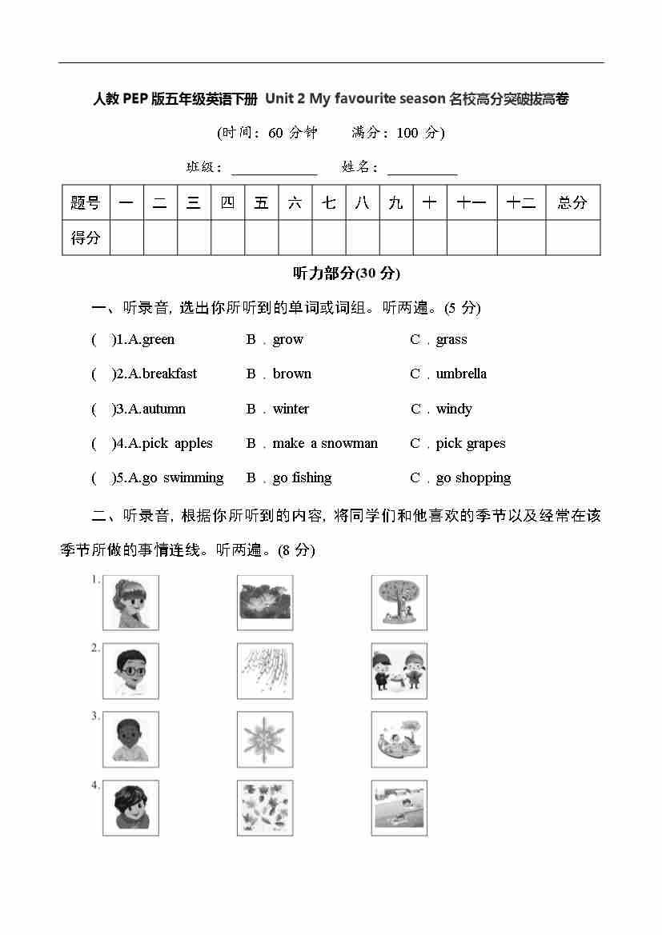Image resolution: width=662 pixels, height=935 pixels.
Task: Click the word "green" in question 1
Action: [x=158, y=339]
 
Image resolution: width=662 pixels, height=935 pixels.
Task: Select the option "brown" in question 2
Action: [x=291, y=374]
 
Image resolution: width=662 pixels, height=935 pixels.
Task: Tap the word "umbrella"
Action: [x=461, y=374]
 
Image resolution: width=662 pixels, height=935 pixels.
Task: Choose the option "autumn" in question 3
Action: [x=164, y=409]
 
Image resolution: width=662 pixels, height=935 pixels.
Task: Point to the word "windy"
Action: [x=454, y=409]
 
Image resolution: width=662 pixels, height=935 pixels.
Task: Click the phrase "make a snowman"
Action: [x=325, y=443]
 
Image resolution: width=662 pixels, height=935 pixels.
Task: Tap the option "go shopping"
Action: [x=473, y=477]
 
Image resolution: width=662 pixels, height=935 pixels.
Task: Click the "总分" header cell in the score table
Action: [x=572, y=202]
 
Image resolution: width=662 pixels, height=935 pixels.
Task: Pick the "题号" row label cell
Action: [x=86, y=202]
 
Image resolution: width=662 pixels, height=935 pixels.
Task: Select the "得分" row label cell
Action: [x=86, y=238]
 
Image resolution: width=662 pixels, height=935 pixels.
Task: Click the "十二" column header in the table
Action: [x=521, y=202]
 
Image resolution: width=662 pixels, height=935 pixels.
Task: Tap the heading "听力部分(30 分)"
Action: [x=347, y=274]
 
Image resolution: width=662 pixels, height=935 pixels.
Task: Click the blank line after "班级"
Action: [x=275, y=170]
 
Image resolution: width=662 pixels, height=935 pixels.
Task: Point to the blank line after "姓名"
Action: [x=422, y=170]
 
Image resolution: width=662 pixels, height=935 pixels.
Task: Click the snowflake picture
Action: [x=265, y=740]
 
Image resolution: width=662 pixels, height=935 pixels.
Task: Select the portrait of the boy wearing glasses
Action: [x=130, y=671]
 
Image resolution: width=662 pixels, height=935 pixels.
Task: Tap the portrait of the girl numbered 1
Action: [x=130, y=602]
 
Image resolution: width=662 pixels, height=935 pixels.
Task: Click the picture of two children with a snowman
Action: [x=399, y=671]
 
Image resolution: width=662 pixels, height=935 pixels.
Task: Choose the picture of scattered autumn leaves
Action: [x=265, y=808]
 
